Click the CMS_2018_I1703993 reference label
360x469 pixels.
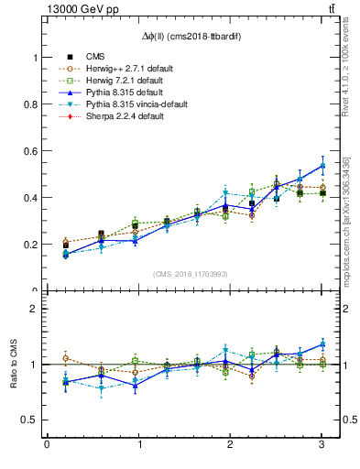[x=190, y=274]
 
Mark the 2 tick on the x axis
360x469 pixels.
[x=230, y=445]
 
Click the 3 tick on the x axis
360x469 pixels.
[x=322, y=445]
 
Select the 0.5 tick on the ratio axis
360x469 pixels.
[x=35, y=420]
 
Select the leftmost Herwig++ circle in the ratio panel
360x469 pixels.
[x=65, y=358]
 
